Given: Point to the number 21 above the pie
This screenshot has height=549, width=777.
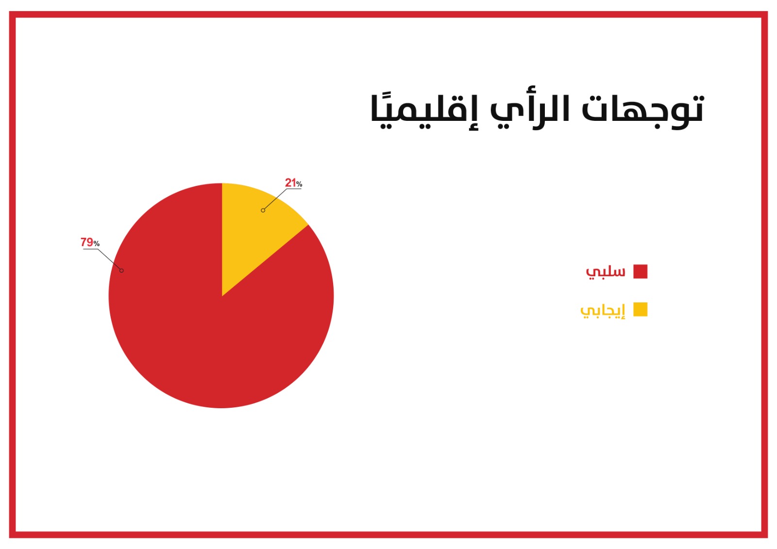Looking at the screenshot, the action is [290, 183].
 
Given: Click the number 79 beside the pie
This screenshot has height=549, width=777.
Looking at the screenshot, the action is [87, 242].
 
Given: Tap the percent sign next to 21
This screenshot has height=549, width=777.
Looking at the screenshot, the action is [299, 184].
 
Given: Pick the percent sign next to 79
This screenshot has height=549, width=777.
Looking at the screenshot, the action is [97, 244].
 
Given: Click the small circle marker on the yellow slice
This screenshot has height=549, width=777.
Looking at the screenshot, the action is [263, 211].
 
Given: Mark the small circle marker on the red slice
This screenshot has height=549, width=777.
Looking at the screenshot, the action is [121, 270].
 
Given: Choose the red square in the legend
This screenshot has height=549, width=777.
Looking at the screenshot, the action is [641, 271].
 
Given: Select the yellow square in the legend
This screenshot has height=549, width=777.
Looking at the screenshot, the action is [641, 309].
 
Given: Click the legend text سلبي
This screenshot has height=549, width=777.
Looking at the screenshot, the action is [606, 271].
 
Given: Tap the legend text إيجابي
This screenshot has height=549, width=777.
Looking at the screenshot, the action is [603, 310].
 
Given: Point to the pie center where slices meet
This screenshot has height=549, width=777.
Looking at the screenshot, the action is [222, 296].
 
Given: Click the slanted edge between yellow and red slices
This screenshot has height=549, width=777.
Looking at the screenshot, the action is [265, 261].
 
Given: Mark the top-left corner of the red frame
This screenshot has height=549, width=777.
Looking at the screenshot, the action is [10, 12].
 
